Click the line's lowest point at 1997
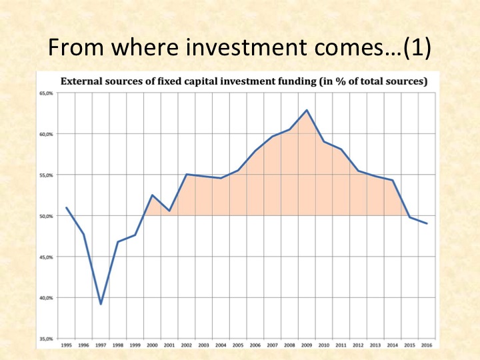pos(101,304)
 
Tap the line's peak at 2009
pos(307,110)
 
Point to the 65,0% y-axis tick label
pos(46,93)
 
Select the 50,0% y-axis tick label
pos(46,216)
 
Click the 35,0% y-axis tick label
pos(46,339)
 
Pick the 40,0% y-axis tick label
pos(46,298)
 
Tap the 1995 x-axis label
pos(67,345)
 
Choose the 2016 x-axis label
pos(427,345)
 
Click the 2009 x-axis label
pos(307,345)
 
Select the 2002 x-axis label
pos(187,345)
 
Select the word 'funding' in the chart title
pos(297,82)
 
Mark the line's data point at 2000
pos(152,195)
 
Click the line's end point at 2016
pos(427,223)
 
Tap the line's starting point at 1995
pos(67,207)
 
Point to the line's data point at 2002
pos(187,174)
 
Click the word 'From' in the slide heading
pos(75,47)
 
